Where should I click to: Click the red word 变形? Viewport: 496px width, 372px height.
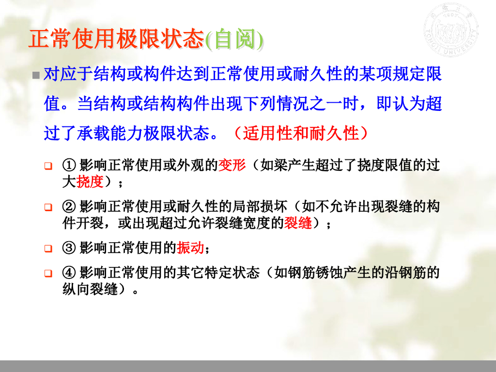click(x=232, y=166)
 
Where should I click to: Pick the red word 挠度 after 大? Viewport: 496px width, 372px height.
click(x=90, y=182)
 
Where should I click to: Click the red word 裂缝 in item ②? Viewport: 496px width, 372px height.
click(x=298, y=224)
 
